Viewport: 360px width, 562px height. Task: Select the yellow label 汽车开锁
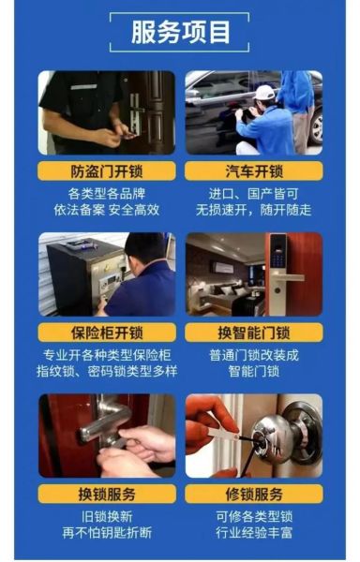coord(253,171)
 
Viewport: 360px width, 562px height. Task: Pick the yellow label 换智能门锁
coord(253,333)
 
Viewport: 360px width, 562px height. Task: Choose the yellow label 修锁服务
coord(253,494)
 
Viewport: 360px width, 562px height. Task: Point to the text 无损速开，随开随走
coord(253,211)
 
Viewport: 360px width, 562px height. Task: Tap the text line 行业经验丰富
coord(253,533)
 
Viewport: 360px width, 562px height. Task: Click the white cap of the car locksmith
coord(264,93)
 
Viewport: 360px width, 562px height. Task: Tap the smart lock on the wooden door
coord(277,267)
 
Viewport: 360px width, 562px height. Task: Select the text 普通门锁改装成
coord(253,356)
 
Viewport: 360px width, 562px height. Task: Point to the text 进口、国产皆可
coord(253,195)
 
